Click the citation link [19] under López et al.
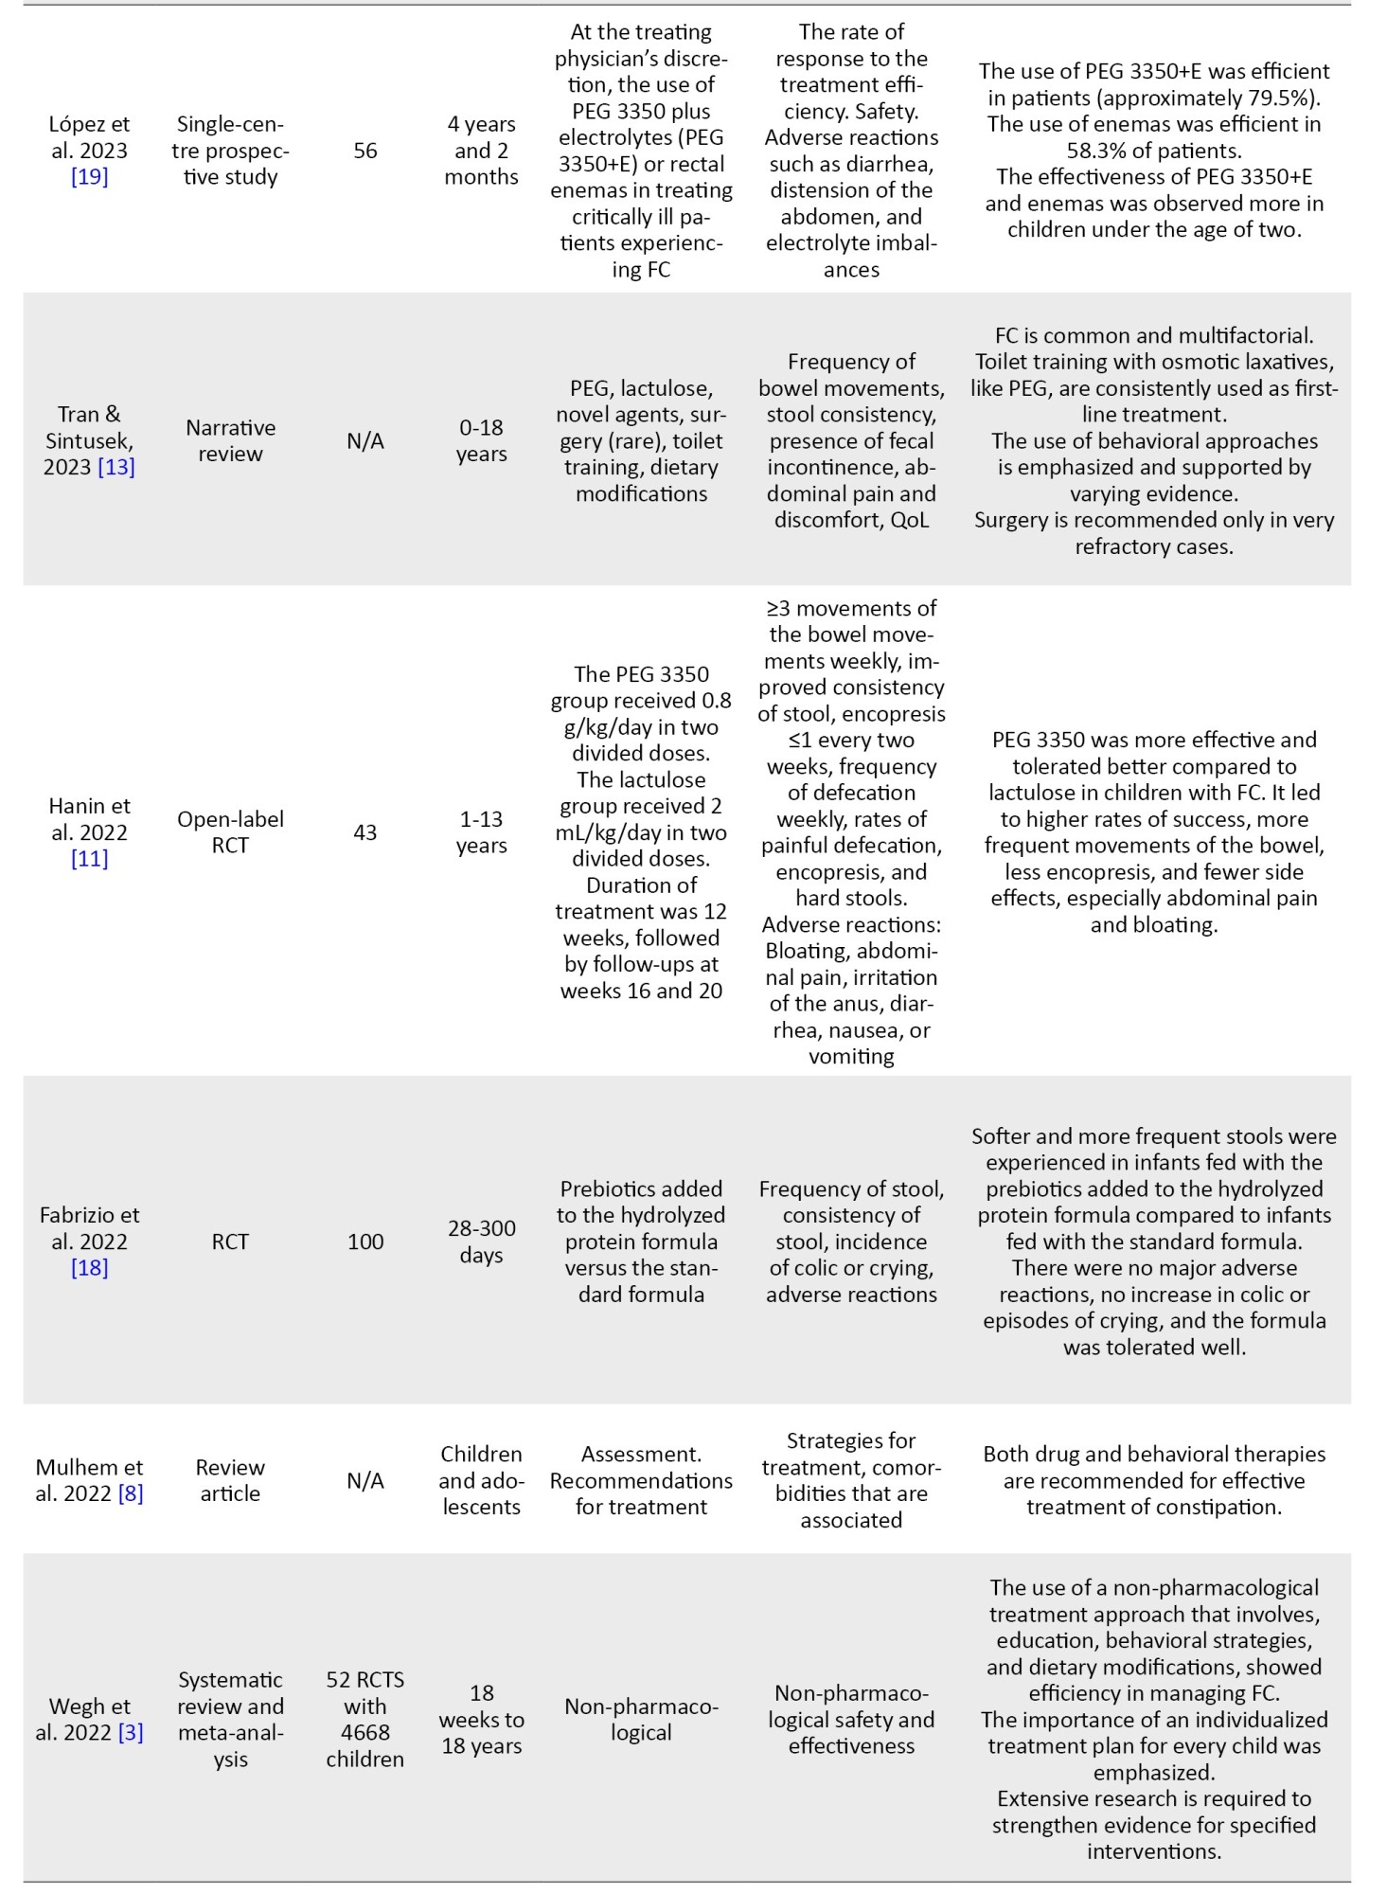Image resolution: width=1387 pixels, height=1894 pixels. [x=89, y=177]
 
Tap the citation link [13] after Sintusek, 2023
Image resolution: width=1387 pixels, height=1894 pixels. [x=116, y=467]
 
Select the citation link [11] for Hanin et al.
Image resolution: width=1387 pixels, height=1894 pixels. [x=89, y=859]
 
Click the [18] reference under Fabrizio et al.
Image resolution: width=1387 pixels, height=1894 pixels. [x=89, y=1268]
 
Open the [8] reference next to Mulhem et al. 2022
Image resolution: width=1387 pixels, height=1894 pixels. [x=131, y=1493]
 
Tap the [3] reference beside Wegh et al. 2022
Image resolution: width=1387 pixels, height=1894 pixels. [x=131, y=1733]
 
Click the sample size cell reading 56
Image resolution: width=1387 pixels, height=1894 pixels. [x=365, y=151]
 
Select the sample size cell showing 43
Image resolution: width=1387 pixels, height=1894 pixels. [x=365, y=832]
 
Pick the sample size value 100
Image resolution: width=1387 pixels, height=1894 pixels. [x=365, y=1242]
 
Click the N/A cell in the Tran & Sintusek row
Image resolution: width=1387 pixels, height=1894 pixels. [x=365, y=440]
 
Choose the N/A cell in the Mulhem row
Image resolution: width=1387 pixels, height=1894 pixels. [x=365, y=1480]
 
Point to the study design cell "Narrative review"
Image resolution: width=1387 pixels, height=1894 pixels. [x=230, y=440]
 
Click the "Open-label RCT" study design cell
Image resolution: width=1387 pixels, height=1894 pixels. [x=230, y=832]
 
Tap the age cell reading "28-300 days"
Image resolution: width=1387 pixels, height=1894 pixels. [x=481, y=1242]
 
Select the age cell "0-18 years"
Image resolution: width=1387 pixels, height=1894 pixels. [x=481, y=440]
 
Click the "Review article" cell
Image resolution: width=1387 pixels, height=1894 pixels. [x=230, y=1480]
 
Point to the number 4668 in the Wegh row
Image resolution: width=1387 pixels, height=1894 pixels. [x=365, y=1732]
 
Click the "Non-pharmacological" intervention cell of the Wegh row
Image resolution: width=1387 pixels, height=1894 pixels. [x=641, y=1719]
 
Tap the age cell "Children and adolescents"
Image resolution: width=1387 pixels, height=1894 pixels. [x=481, y=1480]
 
